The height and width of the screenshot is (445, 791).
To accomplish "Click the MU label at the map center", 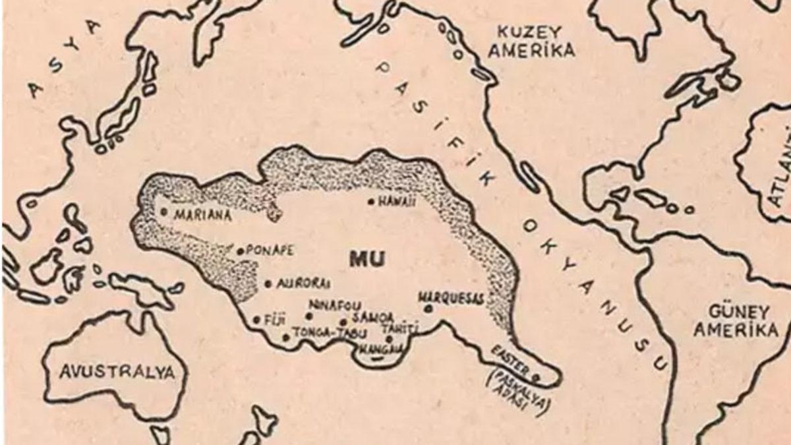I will pos(367,259).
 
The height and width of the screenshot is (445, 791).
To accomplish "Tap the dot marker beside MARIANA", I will pos(163,212).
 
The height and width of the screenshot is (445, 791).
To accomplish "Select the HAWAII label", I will pos(397,202).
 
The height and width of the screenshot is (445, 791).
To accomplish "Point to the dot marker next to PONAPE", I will pos(241,251).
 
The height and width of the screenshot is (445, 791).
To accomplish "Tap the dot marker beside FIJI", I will pos(256,320).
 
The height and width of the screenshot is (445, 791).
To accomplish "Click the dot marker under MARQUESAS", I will pos(429,308).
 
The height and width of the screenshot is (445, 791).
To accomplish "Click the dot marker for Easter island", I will pos(535,378).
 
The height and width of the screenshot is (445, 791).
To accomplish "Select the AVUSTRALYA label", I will pos(118,372).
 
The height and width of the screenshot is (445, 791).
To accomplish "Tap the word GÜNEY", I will pos(730,311).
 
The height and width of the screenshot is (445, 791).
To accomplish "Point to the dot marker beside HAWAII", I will pos(372,202).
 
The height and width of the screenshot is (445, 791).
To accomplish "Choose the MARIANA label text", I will pos(202,214).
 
